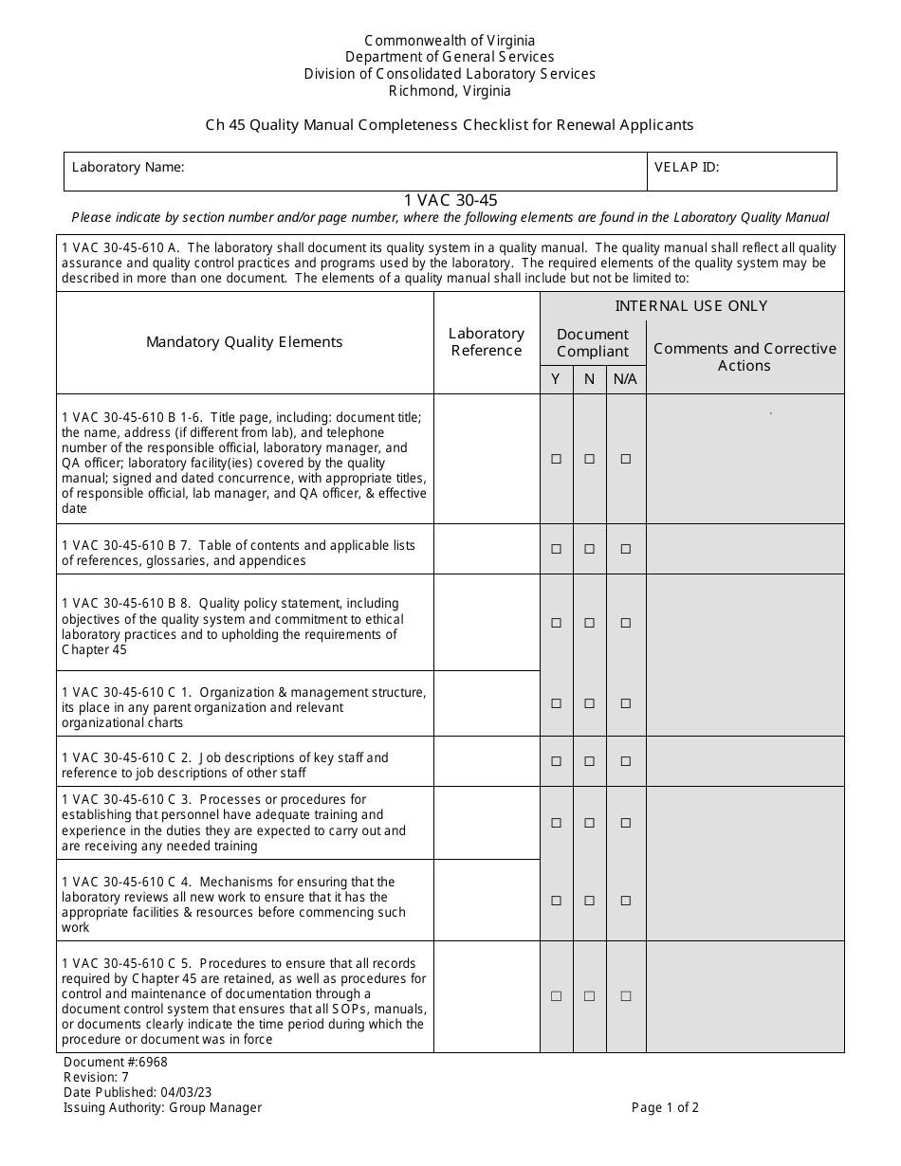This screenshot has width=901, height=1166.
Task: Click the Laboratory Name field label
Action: (128, 168)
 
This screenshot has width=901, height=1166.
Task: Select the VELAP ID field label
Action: (687, 168)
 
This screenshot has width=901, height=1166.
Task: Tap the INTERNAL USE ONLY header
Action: (691, 305)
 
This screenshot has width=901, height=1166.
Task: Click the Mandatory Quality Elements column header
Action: (245, 342)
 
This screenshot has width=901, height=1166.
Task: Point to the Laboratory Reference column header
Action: (487, 342)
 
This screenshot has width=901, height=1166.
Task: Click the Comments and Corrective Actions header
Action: (745, 356)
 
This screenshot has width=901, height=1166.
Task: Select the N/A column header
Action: (625, 379)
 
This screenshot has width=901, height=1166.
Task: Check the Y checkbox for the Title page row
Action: (557, 459)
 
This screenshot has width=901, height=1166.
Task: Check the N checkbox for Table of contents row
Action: (590, 549)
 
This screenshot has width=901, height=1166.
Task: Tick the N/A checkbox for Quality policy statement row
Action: (625, 623)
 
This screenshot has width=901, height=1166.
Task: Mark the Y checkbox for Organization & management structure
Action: (557, 703)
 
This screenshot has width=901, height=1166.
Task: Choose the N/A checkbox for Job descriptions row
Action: (625, 761)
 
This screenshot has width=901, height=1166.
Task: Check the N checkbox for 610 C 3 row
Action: (590, 823)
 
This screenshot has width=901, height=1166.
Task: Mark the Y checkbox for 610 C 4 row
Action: (557, 901)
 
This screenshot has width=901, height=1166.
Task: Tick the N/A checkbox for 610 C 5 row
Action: (625, 996)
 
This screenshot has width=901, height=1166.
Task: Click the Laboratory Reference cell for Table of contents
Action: (487, 549)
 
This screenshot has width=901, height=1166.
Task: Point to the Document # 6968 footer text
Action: (115, 1063)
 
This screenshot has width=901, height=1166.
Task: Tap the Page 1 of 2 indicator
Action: (665, 1107)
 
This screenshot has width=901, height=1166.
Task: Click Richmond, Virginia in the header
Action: (450, 91)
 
